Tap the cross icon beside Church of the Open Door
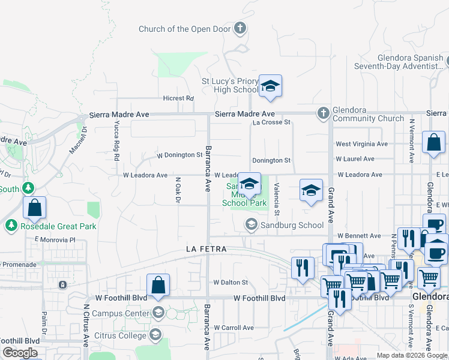click(240, 28)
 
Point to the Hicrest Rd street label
click(178, 98)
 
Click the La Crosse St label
click(271, 122)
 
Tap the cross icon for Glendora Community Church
click(323, 112)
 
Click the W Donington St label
click(179, 155)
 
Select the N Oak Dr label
click(178, 190)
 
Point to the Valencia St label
click(277, 199)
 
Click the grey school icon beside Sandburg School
click(252, 225)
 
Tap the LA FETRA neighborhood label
click(206, 248)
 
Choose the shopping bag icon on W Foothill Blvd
click(158, 285)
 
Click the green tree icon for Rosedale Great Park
click(10, 226)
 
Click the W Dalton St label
click(231, 282)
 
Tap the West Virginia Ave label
click(361, 144)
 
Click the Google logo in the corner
click(20, 353)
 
